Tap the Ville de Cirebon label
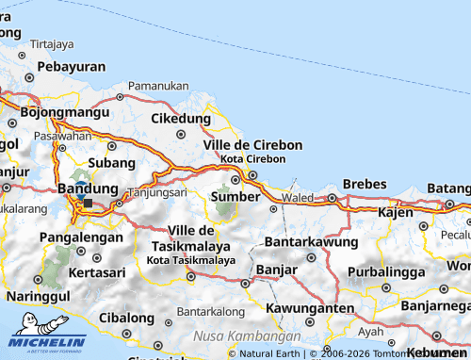(253, 144)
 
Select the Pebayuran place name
(72, 68)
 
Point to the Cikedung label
(181, 119)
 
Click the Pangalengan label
(82, 237)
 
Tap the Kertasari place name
(97, 271)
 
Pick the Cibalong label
(126, 318)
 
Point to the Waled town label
(298, 199)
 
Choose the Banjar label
(277, 270)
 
